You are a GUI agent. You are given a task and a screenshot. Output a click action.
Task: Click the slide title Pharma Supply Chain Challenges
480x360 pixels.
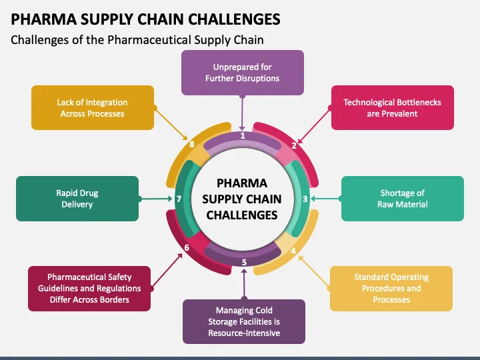click(145, 18)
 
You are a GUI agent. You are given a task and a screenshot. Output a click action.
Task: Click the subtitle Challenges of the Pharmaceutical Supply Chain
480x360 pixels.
click(137, 40)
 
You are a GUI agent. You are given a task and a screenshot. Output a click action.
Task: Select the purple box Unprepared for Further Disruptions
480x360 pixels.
click(242, 73)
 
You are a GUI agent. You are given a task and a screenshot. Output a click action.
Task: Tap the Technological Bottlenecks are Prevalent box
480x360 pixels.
click(392, 107)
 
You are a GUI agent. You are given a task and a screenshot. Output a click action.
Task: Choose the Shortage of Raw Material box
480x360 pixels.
click(402, 198)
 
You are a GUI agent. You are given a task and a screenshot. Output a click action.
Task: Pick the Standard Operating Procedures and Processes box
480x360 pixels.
click(391, 288)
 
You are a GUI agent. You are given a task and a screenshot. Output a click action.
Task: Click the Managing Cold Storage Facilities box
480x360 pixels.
click(244, 321)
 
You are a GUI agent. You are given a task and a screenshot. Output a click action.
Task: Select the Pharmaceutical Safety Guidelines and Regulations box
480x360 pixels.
click(89, 288)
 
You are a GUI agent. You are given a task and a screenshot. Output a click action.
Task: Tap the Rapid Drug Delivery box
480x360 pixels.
click(77, 198)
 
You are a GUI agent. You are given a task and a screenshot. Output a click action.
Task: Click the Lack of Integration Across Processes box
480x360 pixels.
click(93, 107)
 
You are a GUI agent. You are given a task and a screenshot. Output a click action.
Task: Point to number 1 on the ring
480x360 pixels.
click(243, 135)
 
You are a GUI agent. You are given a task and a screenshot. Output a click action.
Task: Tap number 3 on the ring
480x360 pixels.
click(305, 199)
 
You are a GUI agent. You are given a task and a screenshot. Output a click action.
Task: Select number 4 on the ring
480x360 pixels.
click(294, 251)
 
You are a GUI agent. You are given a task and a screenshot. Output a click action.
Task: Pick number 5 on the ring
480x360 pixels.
click(244, 262)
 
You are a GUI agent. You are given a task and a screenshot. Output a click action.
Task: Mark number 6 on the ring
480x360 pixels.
click(187, 248)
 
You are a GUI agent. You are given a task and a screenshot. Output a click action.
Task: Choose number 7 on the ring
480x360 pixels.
click(179, 199)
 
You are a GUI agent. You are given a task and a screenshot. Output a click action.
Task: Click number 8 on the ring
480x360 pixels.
click(192, 144)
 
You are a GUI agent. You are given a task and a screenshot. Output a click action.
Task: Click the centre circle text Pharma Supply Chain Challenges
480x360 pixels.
click(241, 199)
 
